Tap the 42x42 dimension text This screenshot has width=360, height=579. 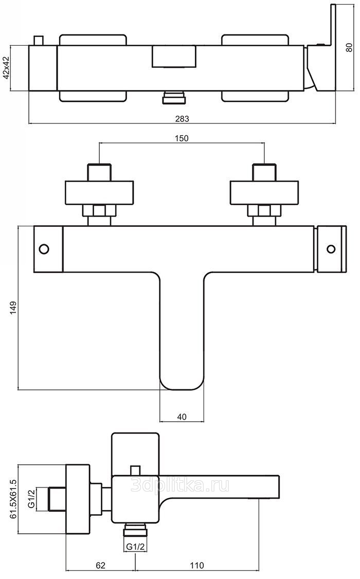point(7,68)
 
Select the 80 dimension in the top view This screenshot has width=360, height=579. point(349,48)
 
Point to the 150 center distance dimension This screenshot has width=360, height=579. point(182,138)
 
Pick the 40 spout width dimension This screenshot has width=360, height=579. point(182,417)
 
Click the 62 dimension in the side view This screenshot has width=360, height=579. point(101,566)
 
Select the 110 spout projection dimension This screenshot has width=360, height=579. point(196,566)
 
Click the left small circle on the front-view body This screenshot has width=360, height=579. point(44,249)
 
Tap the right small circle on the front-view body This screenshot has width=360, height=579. point(331,249)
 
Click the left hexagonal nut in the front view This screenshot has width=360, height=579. point(99,210)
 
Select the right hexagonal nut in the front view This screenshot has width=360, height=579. point(264,210)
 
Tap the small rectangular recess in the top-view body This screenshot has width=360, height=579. point(174,56)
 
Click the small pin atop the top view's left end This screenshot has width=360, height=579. point(38,41)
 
